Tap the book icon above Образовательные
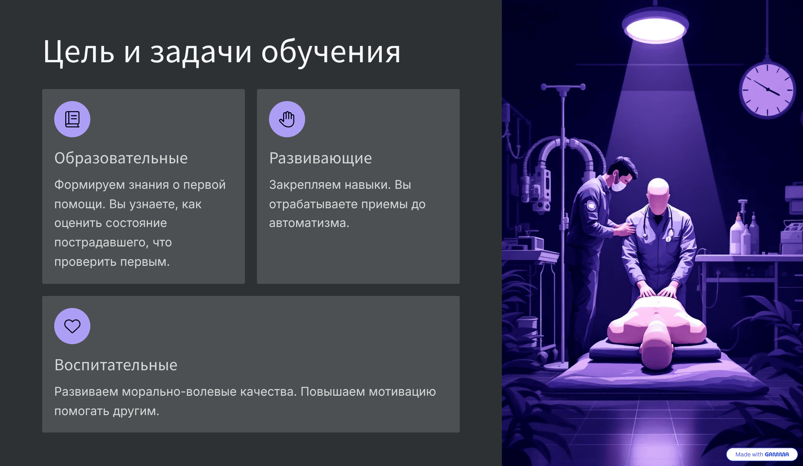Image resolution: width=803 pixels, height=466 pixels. pos(72,119)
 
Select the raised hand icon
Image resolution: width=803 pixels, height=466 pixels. pos(287,119)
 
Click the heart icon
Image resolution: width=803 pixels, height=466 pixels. pos(72,326)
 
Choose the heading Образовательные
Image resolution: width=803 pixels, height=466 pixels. pos(121,158)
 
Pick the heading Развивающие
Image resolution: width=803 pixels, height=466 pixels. pos(320,158)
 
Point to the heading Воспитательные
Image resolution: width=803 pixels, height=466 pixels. pos(116,365)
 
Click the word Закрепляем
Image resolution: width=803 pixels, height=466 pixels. pos(305,185)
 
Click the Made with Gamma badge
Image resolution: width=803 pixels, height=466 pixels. pos(762,454)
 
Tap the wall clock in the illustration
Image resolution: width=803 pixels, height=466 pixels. pos(767,90)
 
